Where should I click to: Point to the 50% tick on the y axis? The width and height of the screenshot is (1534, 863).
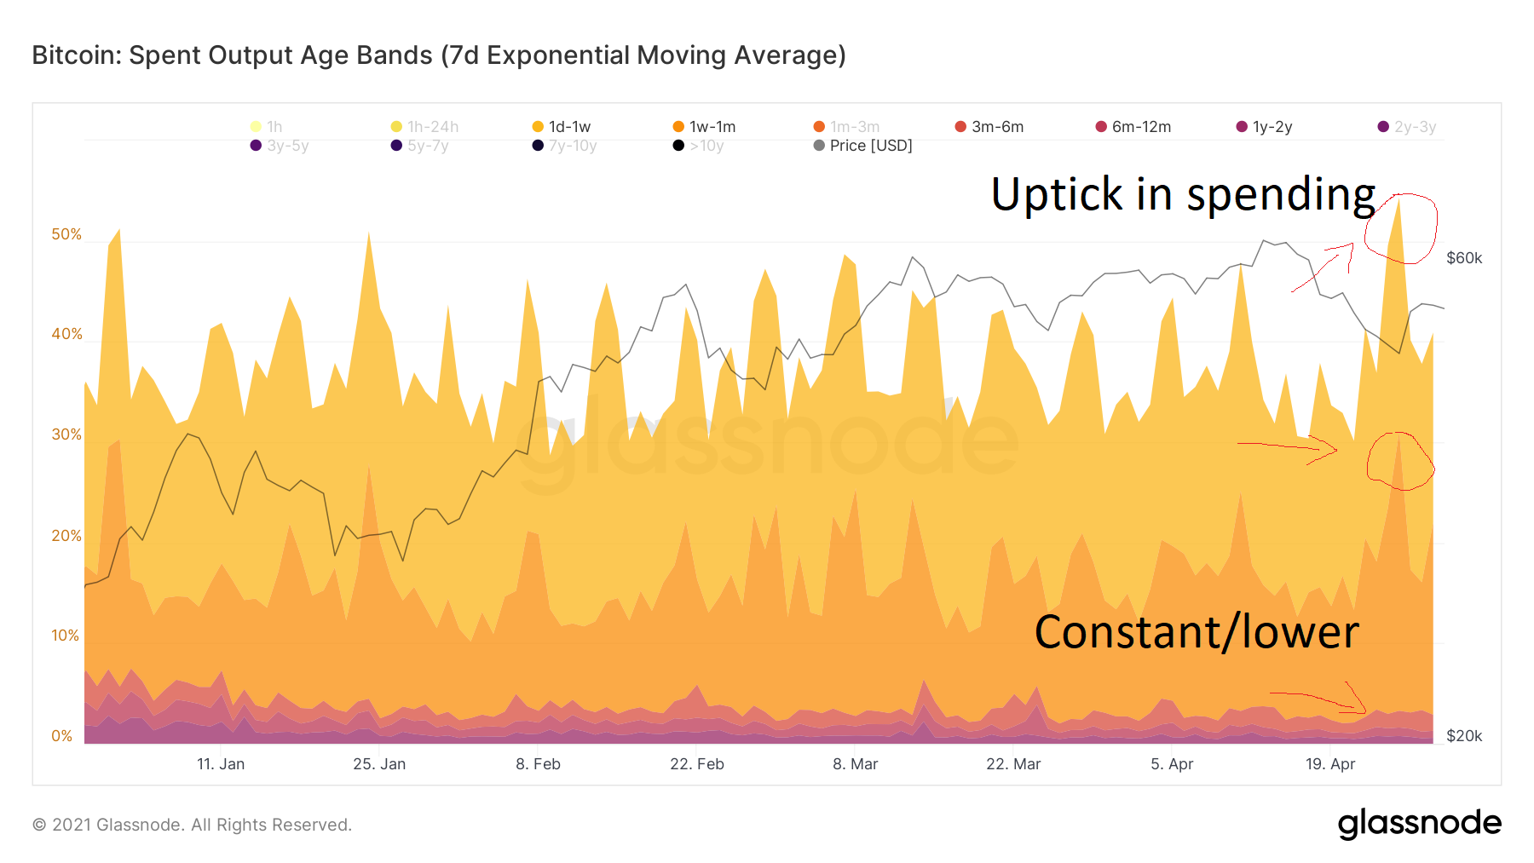[66, 234]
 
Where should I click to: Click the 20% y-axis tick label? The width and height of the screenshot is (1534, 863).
[66, 536]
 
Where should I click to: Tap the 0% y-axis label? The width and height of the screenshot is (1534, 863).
[62, 736]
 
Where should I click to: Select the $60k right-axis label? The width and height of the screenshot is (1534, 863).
[1464, 258]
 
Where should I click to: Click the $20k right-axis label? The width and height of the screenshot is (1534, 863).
[1464, 736]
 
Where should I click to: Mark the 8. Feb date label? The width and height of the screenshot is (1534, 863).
[538, 764]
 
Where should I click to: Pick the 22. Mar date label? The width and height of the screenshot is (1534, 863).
[1013, 764]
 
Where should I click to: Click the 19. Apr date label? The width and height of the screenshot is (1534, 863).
[1329, 764]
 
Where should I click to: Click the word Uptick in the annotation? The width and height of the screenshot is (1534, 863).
[1057, 194]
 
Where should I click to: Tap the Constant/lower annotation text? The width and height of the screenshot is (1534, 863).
[1196, 632]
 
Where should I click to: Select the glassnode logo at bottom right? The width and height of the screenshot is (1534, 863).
[1419, 823]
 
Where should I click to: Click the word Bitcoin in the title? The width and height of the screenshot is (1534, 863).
[76, 55]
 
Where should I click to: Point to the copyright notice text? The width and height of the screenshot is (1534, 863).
[192, 825]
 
